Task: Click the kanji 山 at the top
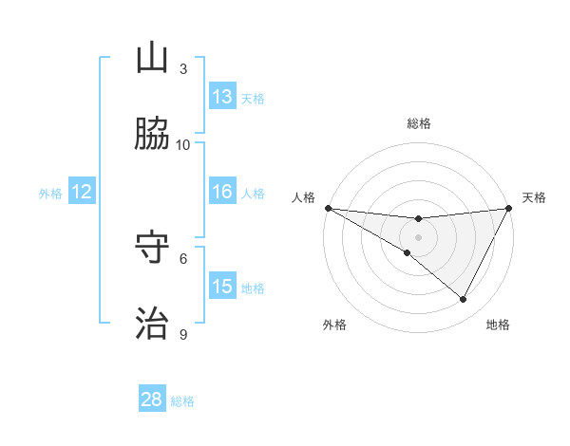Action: pyautogui.click(x=152, y=59)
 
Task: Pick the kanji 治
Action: pyautogui.click(x=152, y=323)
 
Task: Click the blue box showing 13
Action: pyautogui.click(x=221, y=97)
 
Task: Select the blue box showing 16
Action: pyautogui.click(x=221, y=192)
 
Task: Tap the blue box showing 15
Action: pyautogui.click(x=221, y=286)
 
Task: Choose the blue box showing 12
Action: pyautogui.click(x=82, y=192)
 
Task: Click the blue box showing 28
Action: pyautogui.click(x=152, y=400)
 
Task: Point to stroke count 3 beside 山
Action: pyautogui.click(x=183, y=69)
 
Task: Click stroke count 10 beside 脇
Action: pyautogui.click(x=183, y=144)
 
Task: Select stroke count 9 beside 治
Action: pyautogui.click(x=183, y=333)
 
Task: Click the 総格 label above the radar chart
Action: pyautogui.click(x=418, y=123)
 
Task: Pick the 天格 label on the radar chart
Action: pyautogui.click(x=535, y=197)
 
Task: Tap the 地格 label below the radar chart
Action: pyautogui.click(x=498, y=325)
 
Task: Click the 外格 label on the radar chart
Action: pyautogui.click(x=334, y=325)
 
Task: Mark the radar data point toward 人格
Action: pyautogui.click(x=328, y=208)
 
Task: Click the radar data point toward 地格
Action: pyautogui.click(x=464, y=300)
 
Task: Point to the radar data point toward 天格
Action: pyautogui.click(x=509, y=208)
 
